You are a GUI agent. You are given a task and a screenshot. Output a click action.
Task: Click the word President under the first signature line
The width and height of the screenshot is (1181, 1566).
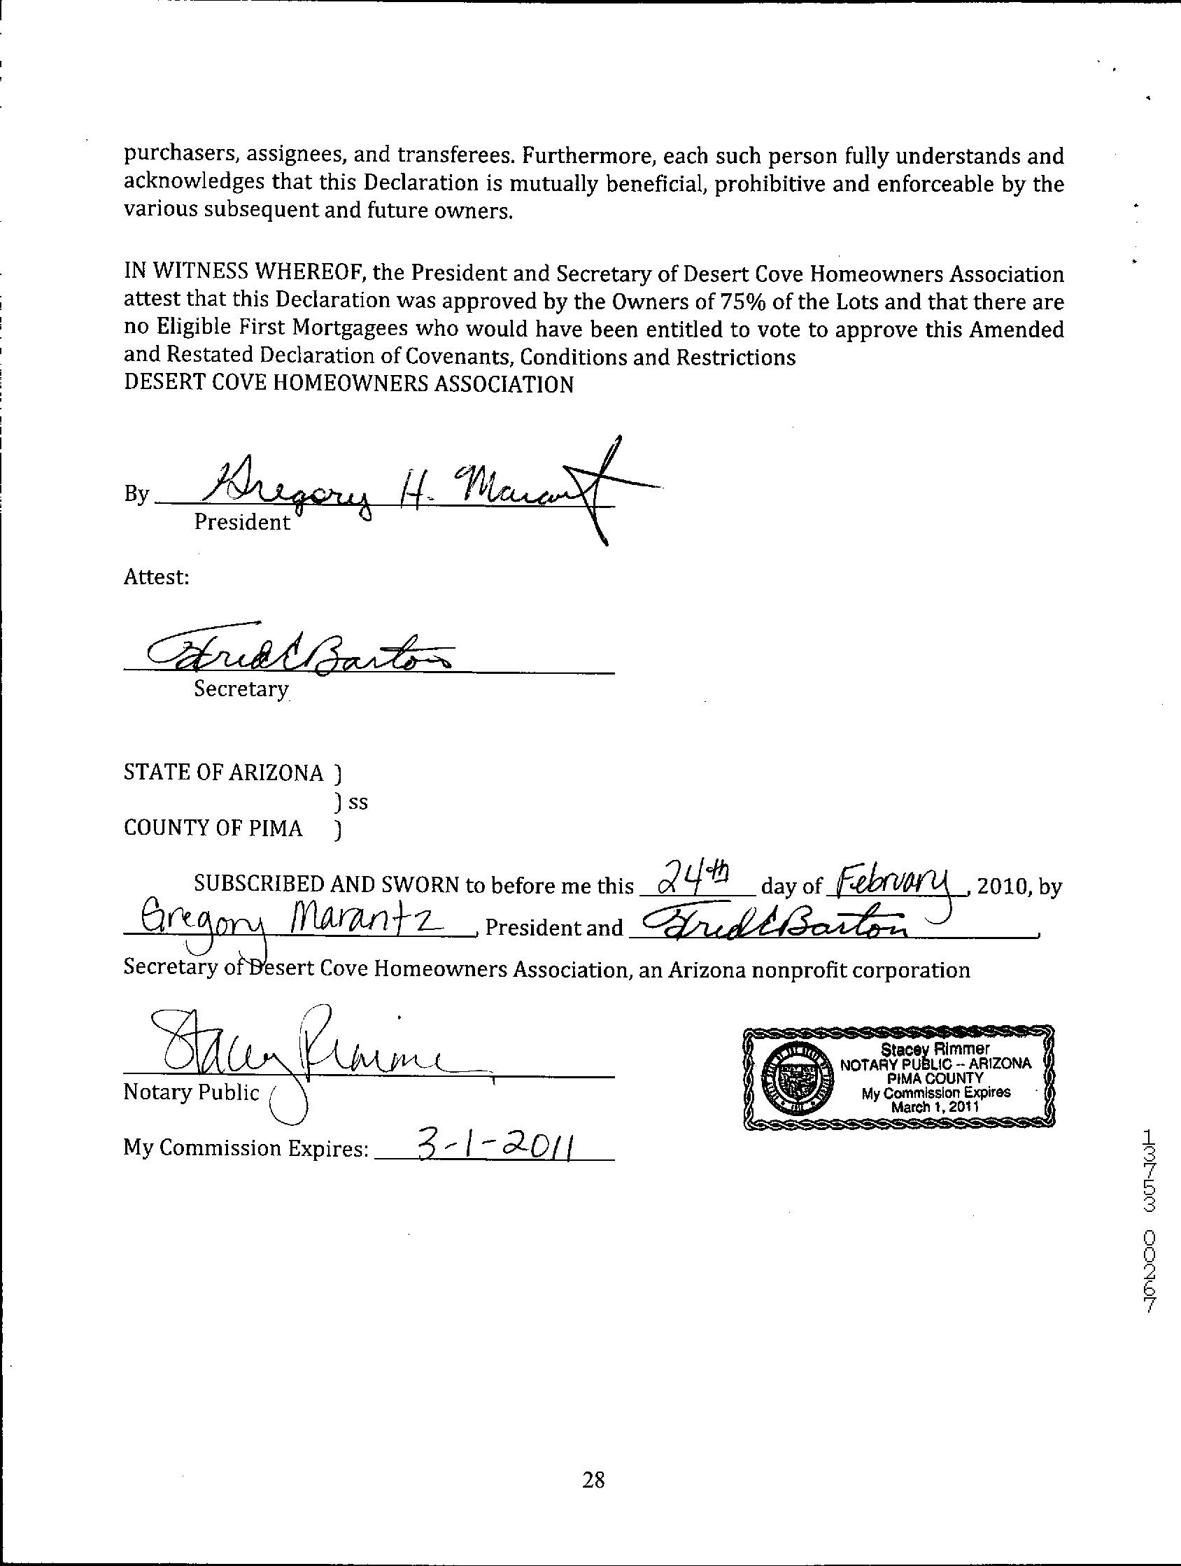coord(242,523)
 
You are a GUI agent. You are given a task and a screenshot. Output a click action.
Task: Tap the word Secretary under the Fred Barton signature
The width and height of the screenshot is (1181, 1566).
coord(241,689)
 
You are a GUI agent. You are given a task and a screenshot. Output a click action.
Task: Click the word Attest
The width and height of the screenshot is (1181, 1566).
coord(157,577)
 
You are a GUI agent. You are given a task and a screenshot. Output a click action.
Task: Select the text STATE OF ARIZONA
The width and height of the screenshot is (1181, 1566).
coord(224,773)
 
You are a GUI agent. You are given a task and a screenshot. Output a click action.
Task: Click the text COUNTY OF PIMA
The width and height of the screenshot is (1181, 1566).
coord(213,828)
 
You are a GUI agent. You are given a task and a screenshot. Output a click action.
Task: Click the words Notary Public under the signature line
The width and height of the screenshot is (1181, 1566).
coord(192,1092)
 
